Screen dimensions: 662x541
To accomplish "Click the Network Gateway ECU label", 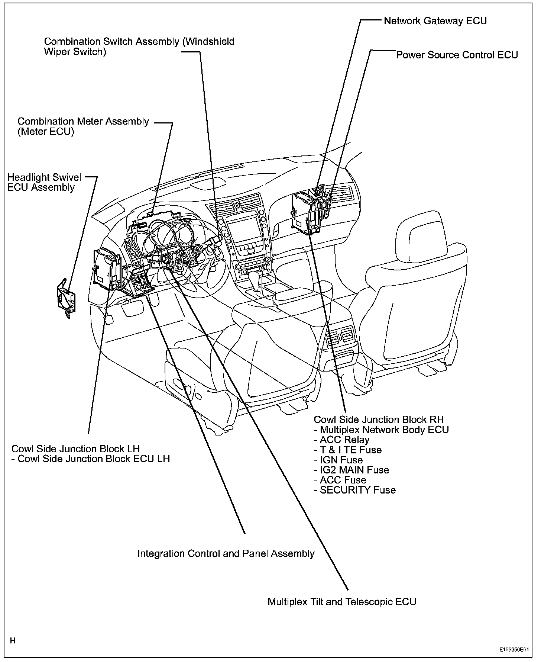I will click(x=435, y=21).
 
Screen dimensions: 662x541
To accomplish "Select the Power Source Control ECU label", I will click(x=457, y=55).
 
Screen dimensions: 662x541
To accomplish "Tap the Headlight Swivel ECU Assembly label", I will click(x=44, y=182).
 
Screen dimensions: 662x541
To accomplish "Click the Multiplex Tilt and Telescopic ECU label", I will click(x=341, y=601).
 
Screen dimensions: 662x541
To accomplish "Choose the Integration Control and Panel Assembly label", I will click(x=226, y=553).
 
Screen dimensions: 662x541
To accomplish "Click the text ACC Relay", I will click(x=344, y=440).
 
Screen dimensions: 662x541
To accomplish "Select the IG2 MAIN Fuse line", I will click(x=354, y=470).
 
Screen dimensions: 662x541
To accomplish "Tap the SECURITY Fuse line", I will click(x=357, y=490).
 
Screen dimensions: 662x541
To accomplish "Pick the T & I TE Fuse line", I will click(x=350, y=450).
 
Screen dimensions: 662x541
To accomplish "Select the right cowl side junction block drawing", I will click(x=308, y=214).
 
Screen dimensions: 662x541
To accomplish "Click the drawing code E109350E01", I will click(x=514, y=649).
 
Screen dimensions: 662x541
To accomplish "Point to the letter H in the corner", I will click(x=13, y=640).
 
